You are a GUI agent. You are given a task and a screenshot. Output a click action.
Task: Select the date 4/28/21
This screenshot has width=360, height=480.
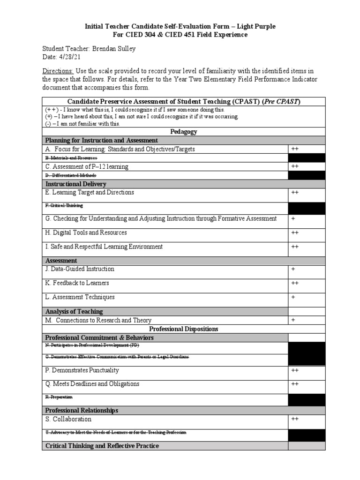pos(66,57)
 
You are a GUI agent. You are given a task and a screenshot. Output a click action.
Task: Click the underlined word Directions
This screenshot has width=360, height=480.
pos(58,71)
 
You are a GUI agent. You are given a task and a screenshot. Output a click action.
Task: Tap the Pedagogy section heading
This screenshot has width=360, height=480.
pos(183,132)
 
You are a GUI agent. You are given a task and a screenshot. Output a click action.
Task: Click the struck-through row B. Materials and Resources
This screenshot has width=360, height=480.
pos(71,158)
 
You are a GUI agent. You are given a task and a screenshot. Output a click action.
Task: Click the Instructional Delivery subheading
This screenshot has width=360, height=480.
pos(75,184)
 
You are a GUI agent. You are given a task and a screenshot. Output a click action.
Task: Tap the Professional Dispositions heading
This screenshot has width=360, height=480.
pos(183,329)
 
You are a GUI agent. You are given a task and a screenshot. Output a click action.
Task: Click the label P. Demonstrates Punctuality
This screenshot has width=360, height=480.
pos(82,370)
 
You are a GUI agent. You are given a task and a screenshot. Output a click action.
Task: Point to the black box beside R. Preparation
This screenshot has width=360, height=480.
pos(306,399)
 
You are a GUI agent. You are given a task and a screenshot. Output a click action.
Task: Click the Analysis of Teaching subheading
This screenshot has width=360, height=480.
pos(74,311)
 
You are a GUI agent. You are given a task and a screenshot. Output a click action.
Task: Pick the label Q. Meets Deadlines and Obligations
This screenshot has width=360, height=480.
pos(92,384)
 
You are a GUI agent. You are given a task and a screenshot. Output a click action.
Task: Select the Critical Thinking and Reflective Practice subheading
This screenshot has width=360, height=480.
pos(102,446)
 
